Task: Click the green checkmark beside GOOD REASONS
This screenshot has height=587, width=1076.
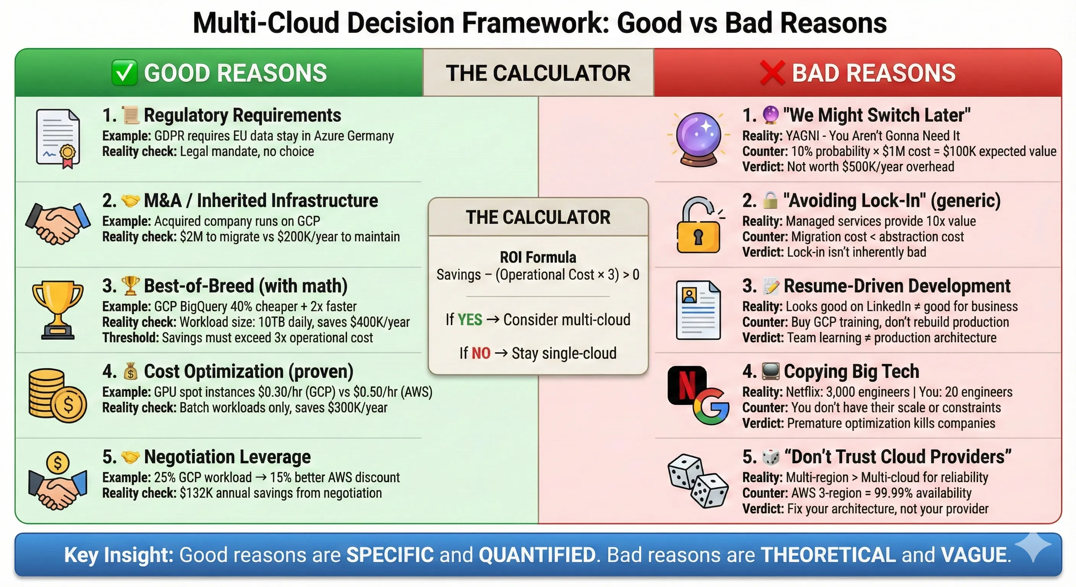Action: click(125, 73)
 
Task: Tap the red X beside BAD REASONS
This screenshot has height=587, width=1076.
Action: click(772, 73)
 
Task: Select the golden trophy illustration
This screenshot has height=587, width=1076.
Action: click(58, 310)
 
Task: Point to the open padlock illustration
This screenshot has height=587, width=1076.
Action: click(698, 225)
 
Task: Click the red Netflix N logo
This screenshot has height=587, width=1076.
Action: click(686, 385)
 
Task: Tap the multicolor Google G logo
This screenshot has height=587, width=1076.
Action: click(711, 407)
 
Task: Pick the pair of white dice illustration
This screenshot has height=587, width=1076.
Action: click(698, 481)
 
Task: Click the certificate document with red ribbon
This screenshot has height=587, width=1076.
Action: click(58, 138)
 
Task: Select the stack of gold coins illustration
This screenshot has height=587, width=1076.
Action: click(57, 395)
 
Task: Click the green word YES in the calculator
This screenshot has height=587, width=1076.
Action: click(470, 319)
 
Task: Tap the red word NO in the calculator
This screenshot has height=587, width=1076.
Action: click(481, 353)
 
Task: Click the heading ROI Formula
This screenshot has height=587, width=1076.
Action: click(538, 257)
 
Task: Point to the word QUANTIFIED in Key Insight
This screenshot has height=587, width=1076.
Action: click(537, 555)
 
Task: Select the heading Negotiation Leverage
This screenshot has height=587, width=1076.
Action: click(227, 457)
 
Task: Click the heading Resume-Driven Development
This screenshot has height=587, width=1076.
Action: click(897, 286)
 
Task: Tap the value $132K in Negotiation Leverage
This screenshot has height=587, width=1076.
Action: click(196, 493)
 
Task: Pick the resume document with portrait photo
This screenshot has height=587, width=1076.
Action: click(698, 310)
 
